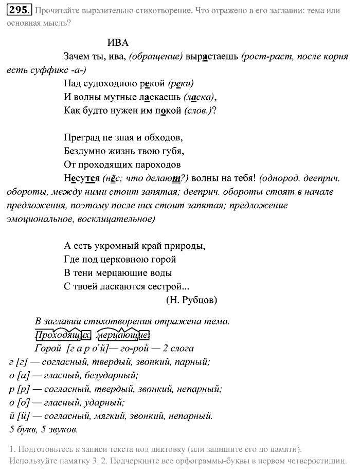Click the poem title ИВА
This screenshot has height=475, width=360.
(x=118, y=43)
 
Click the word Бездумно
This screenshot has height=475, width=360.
(x=84, y=152)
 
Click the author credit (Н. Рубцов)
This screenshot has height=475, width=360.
(x=191, y=300)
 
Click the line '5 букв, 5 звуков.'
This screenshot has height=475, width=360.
(x=43, y=429)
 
